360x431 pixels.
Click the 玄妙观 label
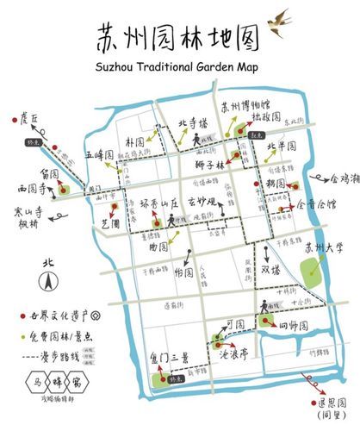tap(206, 205)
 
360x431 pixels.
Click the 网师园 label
tap(294, 326)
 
